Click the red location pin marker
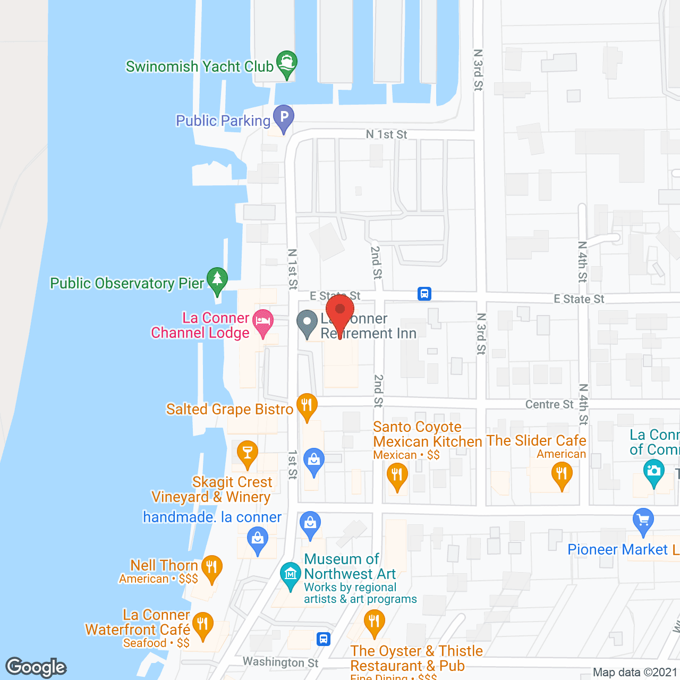(340, 311)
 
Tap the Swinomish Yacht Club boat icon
(287, 63)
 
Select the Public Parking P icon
(284, 117)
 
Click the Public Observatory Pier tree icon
(217, 279)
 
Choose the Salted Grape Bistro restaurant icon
(307, 406)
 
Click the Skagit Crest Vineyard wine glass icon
(247, 453)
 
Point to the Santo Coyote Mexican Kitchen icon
(397, 474)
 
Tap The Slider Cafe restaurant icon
(562, 474)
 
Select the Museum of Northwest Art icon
(290, 574)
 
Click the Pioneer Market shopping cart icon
(643, 520)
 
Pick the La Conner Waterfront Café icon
(202, 625)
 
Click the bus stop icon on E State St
(424, 294)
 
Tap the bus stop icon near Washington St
(324, 639)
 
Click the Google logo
(36, 667)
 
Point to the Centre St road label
(549, 404)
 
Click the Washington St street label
(280, 662)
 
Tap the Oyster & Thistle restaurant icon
(374, 622)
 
